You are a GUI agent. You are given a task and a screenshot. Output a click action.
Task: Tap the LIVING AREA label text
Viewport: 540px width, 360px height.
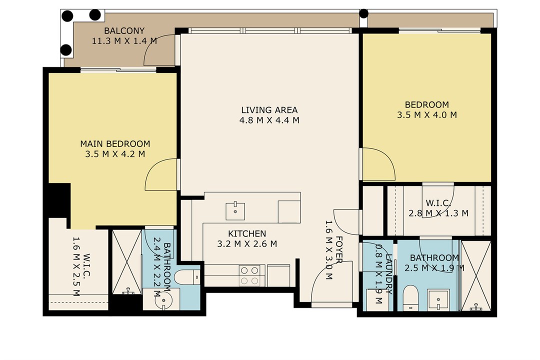pos(269,110)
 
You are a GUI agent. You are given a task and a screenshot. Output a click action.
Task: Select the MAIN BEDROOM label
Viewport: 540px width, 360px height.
pos(115,143)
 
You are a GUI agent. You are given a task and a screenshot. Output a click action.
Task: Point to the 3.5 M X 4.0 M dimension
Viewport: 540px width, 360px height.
pos(426,115)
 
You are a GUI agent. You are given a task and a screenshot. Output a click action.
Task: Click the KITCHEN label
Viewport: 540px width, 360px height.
pos(247,233)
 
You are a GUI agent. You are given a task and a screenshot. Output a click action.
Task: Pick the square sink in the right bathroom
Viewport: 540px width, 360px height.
pos(438,300)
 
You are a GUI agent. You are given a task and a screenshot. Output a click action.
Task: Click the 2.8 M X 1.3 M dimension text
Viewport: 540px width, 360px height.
pos(438,213)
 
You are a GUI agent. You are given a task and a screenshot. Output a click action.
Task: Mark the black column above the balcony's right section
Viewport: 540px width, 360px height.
pos(364,13)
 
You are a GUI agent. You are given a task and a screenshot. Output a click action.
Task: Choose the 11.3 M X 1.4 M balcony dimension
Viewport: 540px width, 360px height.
pos(124,41)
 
